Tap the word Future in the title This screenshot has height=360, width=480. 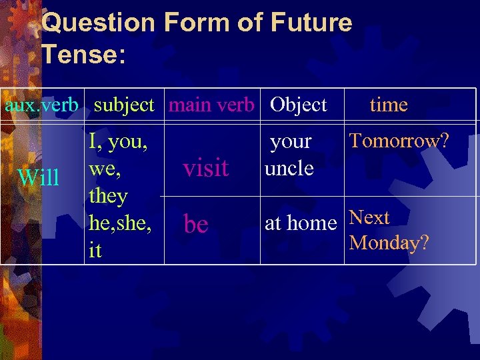pyautogui.click(x=311, y=23)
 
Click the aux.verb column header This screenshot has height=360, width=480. pyautogui.click(x=42, y=105)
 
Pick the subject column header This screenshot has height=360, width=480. pyautogui.click(x=124, y=105)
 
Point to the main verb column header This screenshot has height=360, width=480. pyautogui.click(x=211, y=105)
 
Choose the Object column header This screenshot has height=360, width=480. pyautogui.click(x=298, y=105)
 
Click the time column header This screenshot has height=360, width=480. pyautogui.click(x=389, y=105)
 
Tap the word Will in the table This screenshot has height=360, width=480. pyautogui.click(x=39, y=178)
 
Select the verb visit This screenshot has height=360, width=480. pyautogui.click(x=205, y=169)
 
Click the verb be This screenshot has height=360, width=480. pyautogui.click(x=196, y=225)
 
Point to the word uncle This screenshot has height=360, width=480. pyautogui.click(x=289, y=168)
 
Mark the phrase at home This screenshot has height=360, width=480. pyautogui.click(x=301, y=223)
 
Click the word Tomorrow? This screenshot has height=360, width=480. pyautogui.click(x=399, y=141)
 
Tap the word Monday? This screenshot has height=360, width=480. pyautogui.click(x=389, y=243)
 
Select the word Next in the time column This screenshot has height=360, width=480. pyautogui.click(x=369, y=218)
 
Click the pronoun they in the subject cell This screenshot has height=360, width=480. pyautogui.click(x=107, y=196)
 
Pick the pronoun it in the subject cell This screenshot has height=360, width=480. pyautogui.click(x=95, y=251)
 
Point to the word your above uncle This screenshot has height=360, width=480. pyautogui.click(x=291, y=142)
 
